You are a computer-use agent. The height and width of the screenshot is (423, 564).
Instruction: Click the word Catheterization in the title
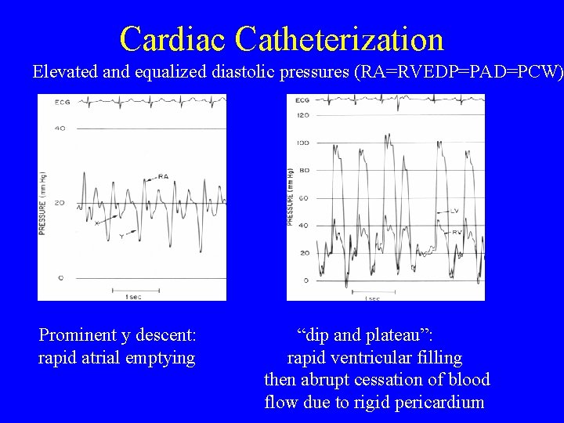[338, 38]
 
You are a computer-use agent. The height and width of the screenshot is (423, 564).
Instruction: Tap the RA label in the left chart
[162, 177]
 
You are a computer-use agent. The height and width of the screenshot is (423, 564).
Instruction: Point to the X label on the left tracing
[96, 223]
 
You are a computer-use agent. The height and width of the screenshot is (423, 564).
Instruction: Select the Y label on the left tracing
[121, 235]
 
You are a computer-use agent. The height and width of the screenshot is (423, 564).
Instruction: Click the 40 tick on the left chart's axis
[60, 128]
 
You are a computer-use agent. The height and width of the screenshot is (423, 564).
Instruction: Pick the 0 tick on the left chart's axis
[61, 277]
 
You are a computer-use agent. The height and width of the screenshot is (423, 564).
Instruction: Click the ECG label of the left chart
[62, 102]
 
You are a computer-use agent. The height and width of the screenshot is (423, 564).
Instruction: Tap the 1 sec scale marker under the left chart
[132, 295]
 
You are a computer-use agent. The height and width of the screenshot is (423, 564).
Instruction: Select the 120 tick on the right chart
[302, 115]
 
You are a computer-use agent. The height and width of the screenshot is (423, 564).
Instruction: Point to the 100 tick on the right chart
[302, 143]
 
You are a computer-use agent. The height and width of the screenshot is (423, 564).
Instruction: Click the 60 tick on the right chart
[304, 198]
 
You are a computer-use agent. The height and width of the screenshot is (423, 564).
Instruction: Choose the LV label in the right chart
[454, 211]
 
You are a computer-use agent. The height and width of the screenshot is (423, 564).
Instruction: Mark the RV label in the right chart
[455, 232]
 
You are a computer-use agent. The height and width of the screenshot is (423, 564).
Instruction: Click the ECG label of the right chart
[302, 100]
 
